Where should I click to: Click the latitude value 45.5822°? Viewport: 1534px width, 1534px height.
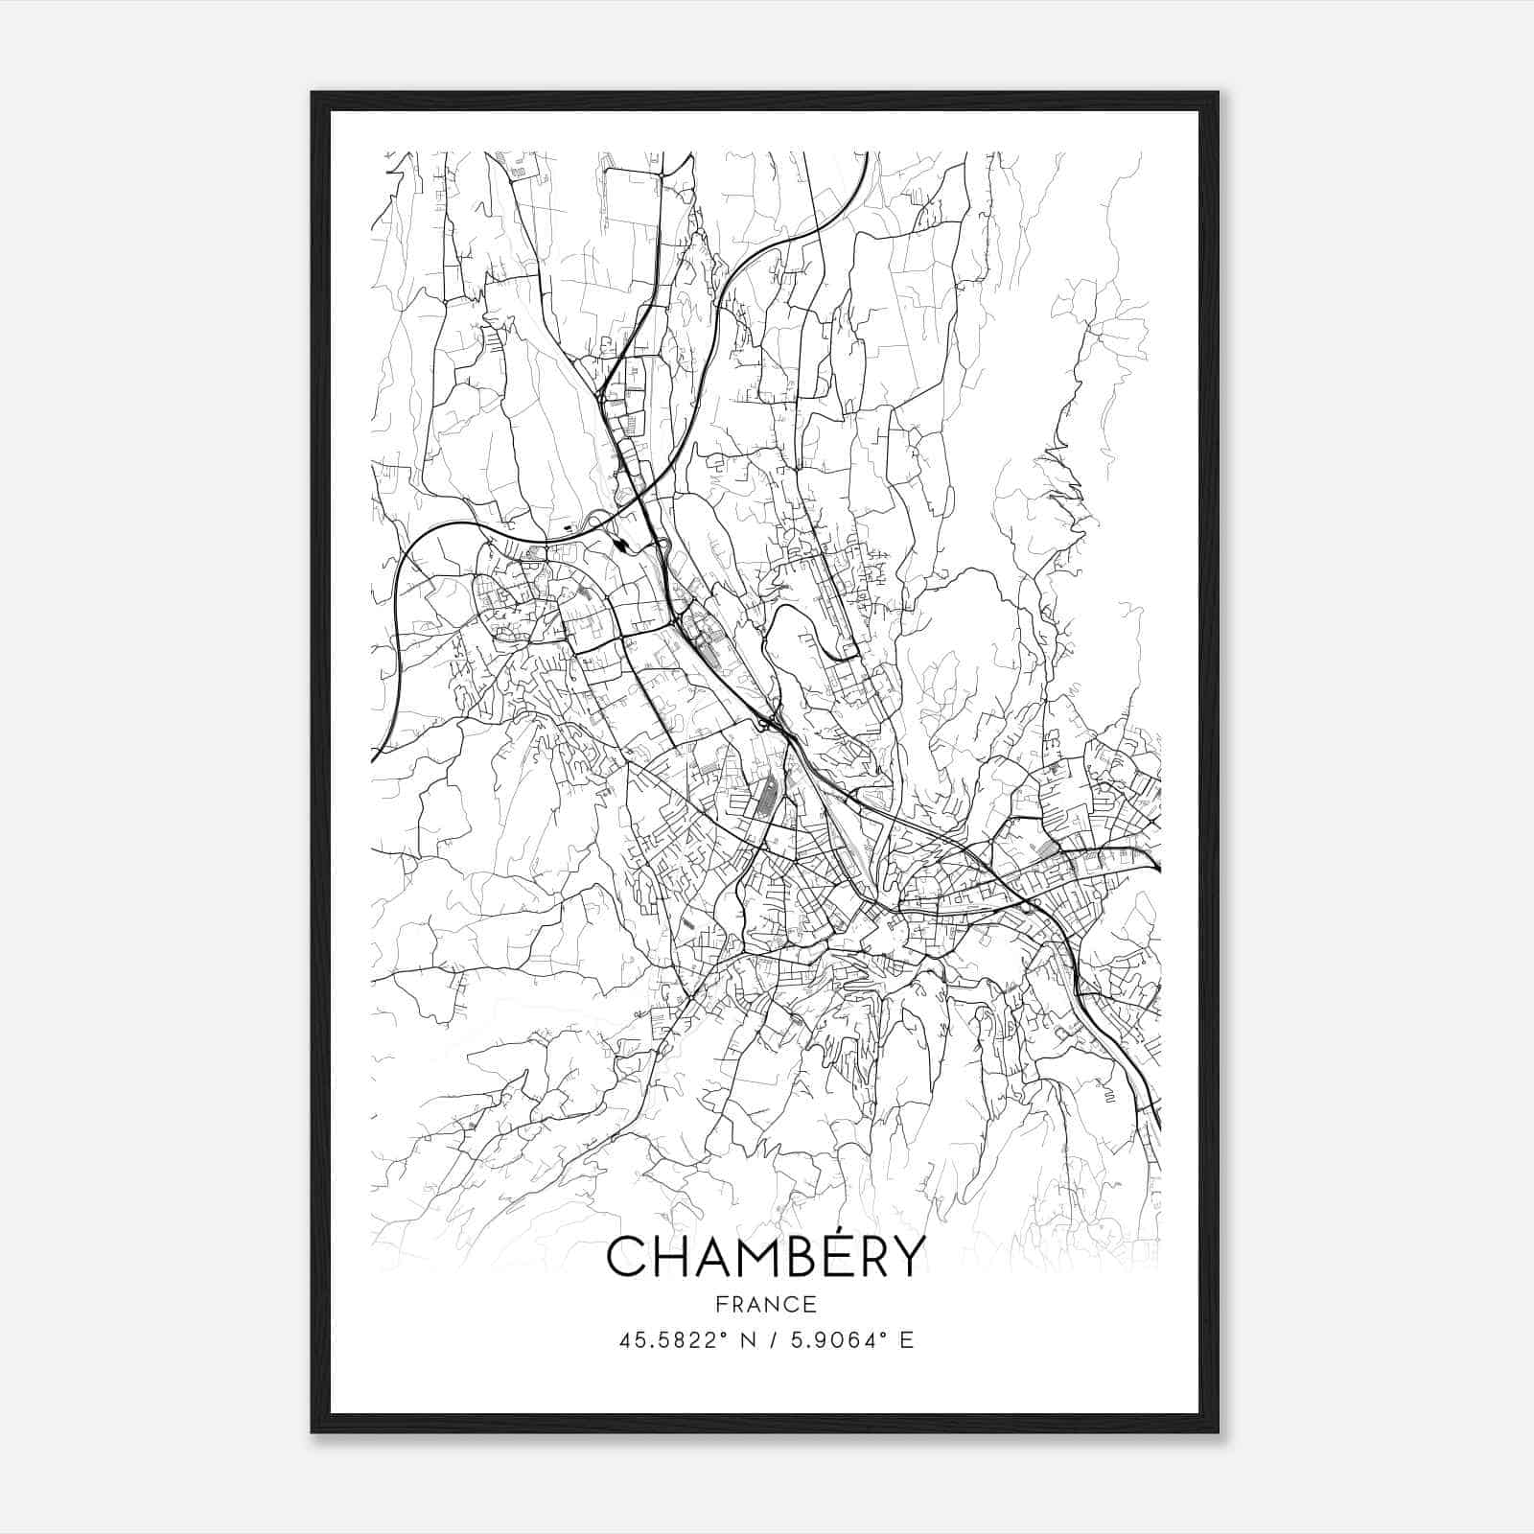pyautogui.click(x=668, y=1339)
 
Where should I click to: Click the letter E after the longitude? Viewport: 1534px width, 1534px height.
pyautogui.click(x=907, y=1339)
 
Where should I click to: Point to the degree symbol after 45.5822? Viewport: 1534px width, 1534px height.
pyautogui.click(x=723, y=1334)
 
